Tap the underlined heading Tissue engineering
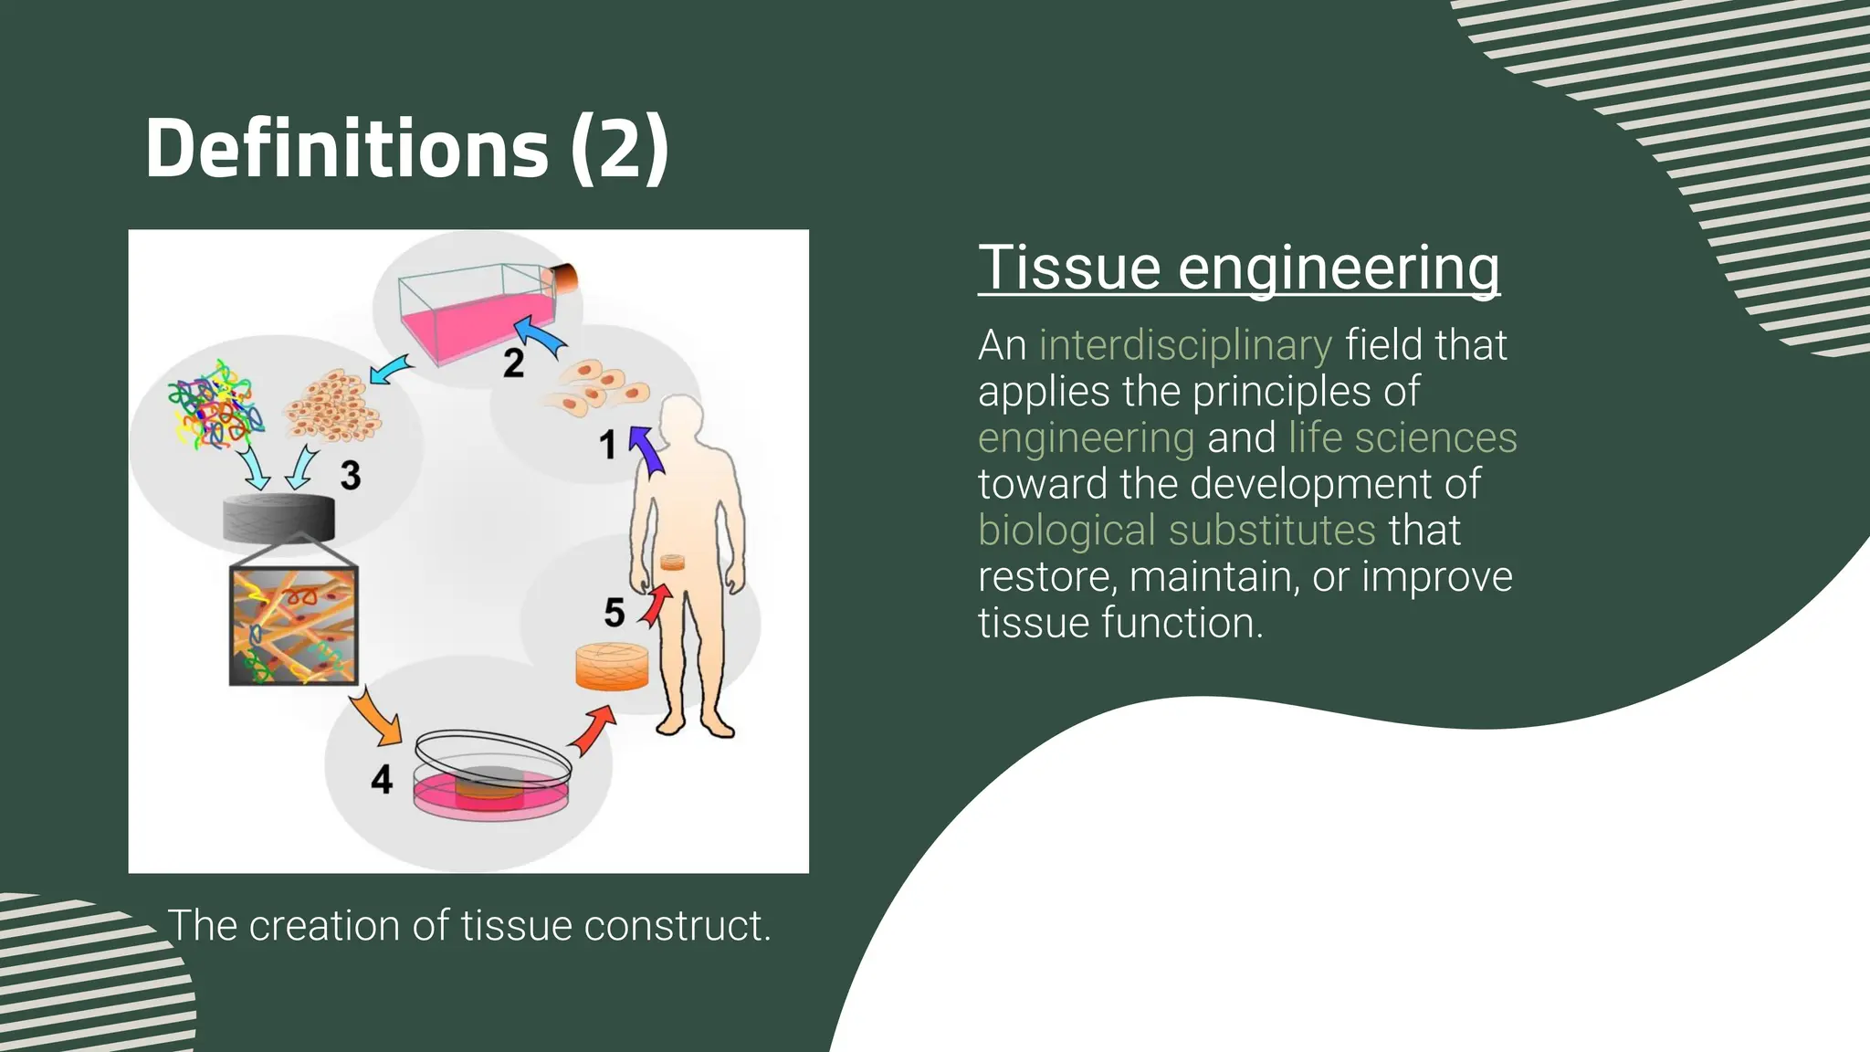[1238, 268]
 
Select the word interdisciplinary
[1185, 345]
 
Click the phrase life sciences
[1402, 437]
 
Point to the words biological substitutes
[1176, 531]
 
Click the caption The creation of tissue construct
[469, 925]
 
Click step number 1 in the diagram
[608, 446]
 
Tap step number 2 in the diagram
[514, 363]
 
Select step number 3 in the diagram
[351, 475]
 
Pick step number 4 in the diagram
[382, 779]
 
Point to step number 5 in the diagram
[615, 613]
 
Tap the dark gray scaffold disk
[279, 519]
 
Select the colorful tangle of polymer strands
[215, 406]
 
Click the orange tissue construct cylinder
[612, 668]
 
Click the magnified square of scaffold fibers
[293, 626]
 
